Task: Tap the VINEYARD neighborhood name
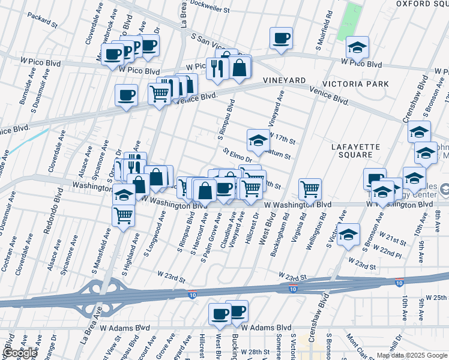[x=284, y=80]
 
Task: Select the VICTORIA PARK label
[x=355, y=84]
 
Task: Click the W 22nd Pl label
[x=389, y=254]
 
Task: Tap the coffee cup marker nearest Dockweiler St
[x=281, y=39]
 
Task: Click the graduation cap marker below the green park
[x=357, y=47]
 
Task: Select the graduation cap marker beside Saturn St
[x=258, y=141]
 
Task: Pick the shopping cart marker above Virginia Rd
[x=310, y=189]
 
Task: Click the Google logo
[x=19, y=353]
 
